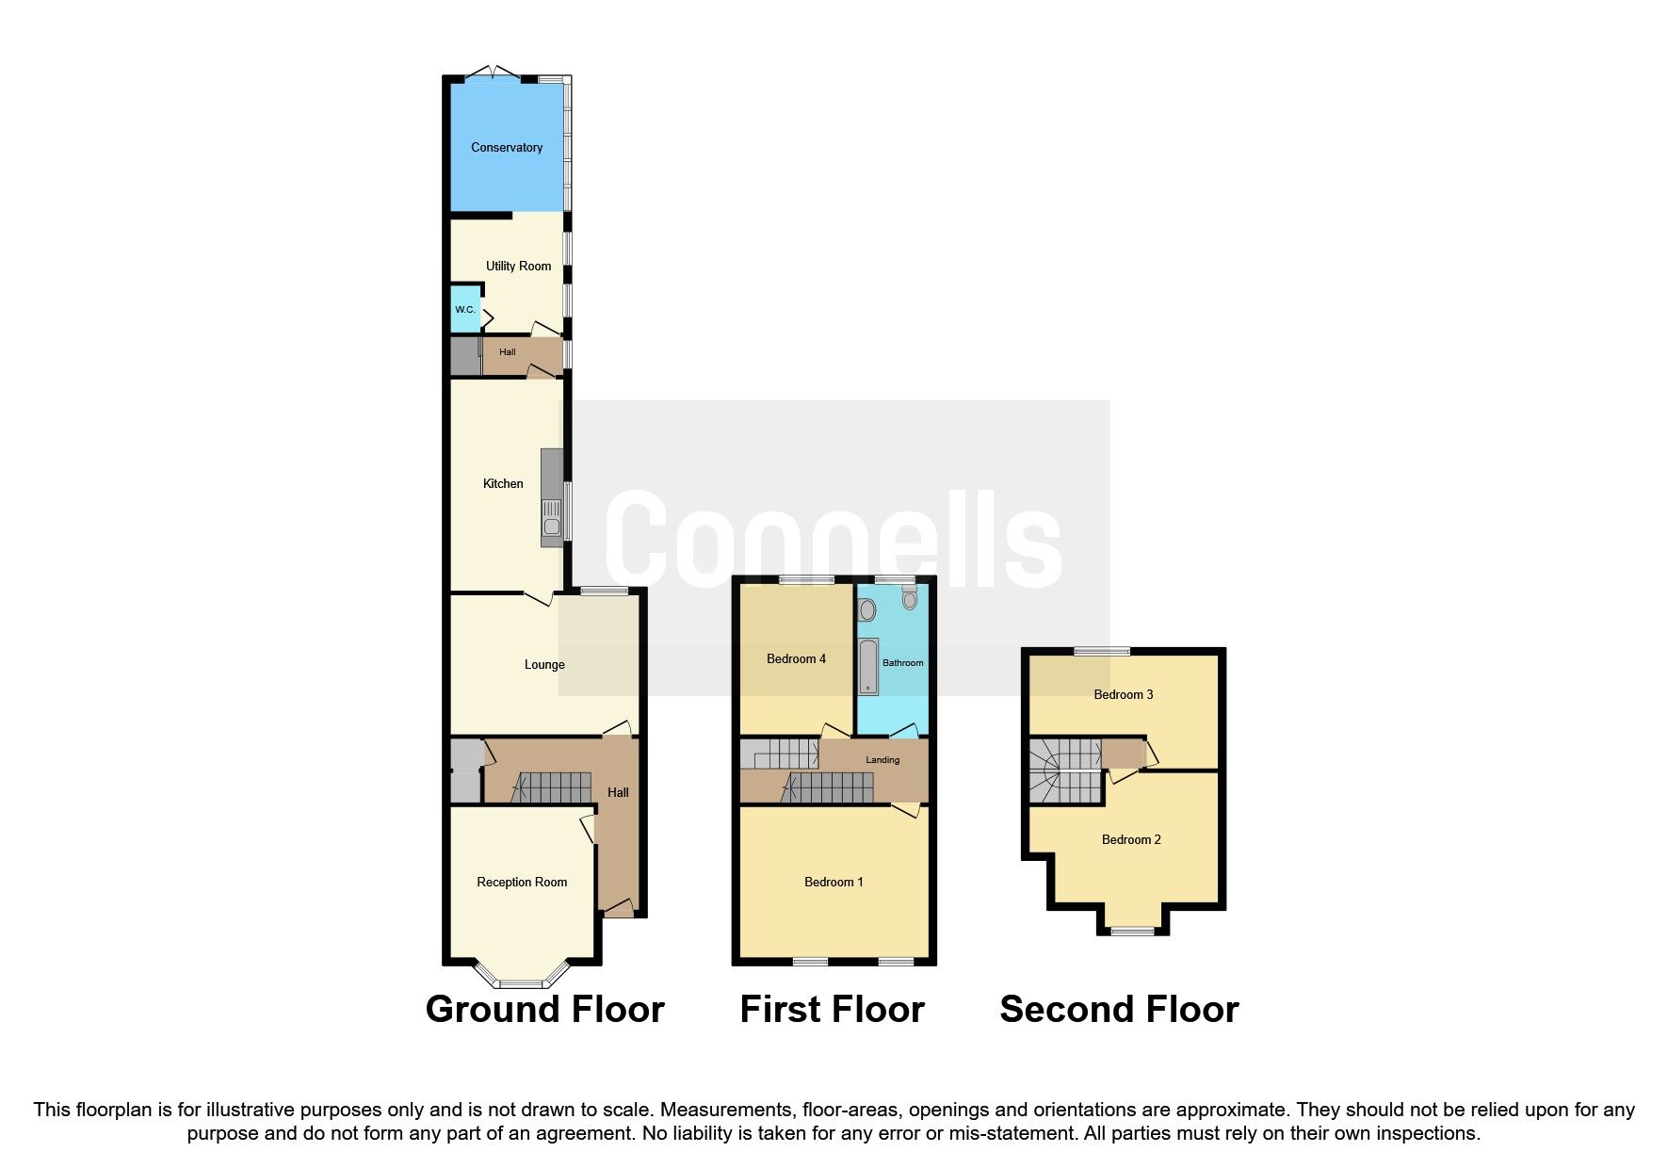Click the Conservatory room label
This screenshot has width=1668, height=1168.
pos(507,148)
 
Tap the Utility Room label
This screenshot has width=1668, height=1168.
pos(518,267)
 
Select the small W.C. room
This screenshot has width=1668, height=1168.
pos(464,311)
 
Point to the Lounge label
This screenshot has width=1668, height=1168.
pos(544,665)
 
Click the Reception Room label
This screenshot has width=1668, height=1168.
pos(522,883)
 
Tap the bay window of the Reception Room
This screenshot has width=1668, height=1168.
pos(522,982)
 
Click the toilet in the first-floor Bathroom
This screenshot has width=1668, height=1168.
pos(909,597)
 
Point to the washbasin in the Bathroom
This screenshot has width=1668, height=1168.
pos(867,609)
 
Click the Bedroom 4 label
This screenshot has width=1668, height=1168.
pos(796,659)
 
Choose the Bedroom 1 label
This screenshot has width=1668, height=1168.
pos(834,883)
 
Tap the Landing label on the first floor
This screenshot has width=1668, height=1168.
pos(883,760)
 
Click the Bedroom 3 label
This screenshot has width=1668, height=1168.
pos(1123,695)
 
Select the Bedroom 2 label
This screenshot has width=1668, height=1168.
pos(1131,840)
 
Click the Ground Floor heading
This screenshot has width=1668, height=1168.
pos(544,1010)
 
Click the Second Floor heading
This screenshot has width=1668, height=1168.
pos(1119,1010)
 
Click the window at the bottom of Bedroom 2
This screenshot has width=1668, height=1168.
pos(1132,931)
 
